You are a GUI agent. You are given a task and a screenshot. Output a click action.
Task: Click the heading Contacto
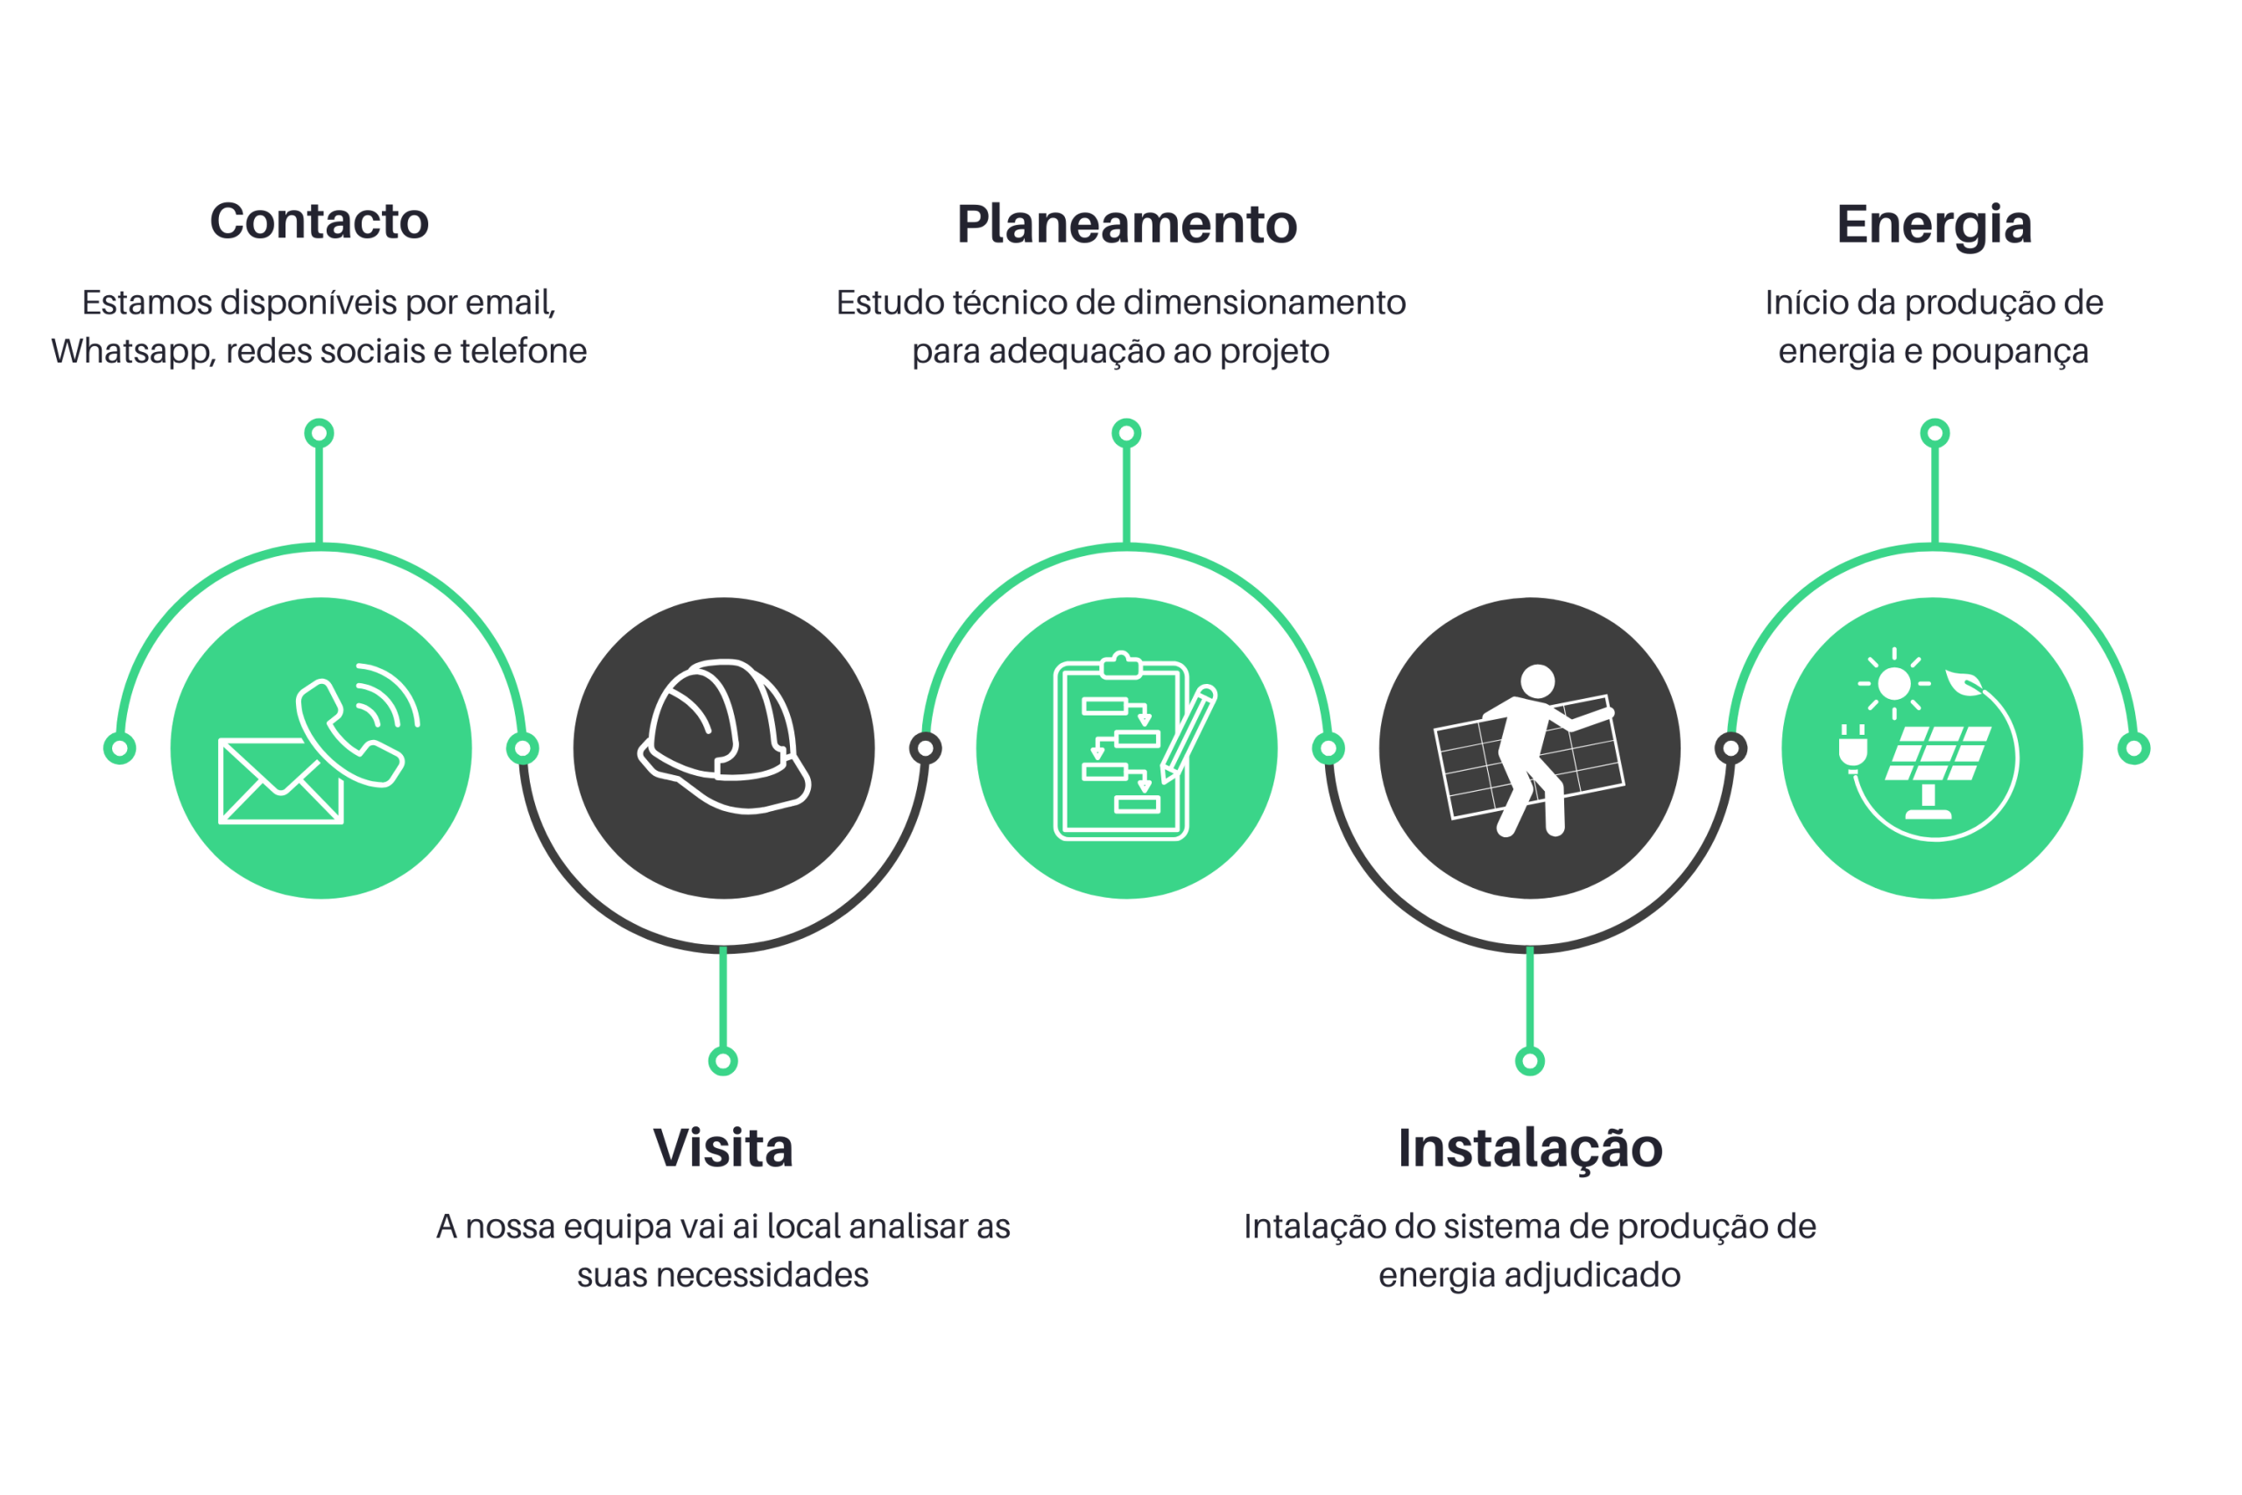tap(320, 222)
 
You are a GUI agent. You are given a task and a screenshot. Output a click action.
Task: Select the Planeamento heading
tap(1127, 224)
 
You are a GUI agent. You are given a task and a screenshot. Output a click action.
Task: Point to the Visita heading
tap(723, 1148)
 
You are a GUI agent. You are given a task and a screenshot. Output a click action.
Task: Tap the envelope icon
tap(280, 781)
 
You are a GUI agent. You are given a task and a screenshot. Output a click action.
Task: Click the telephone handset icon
tap(348, 732)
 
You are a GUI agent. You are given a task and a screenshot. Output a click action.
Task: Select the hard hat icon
tap(723, 736)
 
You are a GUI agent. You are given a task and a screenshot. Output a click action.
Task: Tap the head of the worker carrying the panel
tap(1538, 681)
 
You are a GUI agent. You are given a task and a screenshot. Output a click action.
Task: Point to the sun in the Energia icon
tap(1894, 684)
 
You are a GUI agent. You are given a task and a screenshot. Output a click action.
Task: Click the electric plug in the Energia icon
tap(1853, 748)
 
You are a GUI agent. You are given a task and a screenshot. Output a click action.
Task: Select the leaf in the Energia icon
tap(1964, 681)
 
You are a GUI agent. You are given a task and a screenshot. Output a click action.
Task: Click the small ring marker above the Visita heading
tap(723, 1061)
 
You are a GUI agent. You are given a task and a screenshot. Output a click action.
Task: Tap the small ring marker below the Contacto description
tap(320, 434)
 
